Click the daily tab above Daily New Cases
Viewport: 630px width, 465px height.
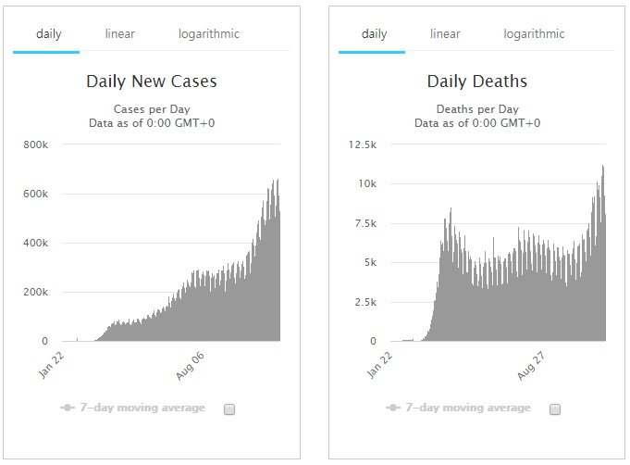coord(49,34)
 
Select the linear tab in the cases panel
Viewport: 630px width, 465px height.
coord(119,33)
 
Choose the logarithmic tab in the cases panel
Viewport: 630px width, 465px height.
coord(209,34)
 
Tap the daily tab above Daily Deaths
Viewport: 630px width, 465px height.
coord(374,34)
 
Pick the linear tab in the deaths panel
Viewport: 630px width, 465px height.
coord(445,33)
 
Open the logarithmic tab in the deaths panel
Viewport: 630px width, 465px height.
coord(534,34)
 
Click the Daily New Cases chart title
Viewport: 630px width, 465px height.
coord(152,82)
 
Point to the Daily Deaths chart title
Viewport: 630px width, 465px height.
coord(477,82)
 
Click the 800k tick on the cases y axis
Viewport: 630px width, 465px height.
coord(36,145)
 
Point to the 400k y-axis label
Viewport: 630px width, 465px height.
coord(36,243)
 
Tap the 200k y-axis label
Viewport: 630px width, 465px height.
coord(36,292)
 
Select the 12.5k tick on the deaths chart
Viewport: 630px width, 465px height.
coord(363,145)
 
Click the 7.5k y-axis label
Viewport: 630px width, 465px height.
coord(365,223)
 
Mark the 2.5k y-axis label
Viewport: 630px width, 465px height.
coord(365,302)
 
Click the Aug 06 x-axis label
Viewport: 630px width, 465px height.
coord(190,366)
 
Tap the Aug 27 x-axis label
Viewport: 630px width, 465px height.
coord(531,366)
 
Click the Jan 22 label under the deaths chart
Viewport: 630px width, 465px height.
coord(379,365)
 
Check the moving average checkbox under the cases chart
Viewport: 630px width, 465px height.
coord(229,409)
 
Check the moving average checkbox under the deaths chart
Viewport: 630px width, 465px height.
coord(555,409)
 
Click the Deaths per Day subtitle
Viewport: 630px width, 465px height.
coord(477,109)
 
